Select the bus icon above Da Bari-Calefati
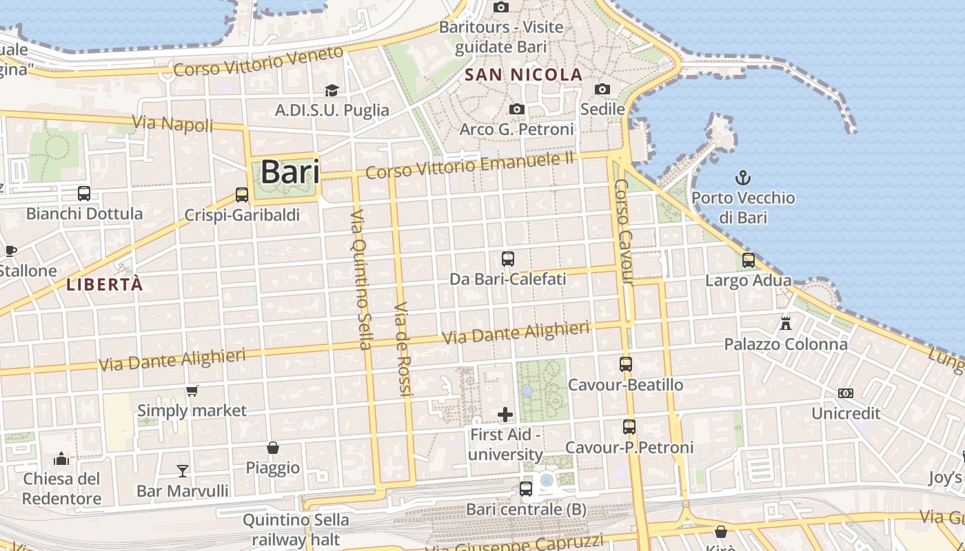[x=508, y=259]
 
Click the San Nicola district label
[x=524, y=74]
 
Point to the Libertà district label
[x=105, y=284]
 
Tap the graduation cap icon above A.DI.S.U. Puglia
[x=332, y=90]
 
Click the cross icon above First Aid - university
[x=505, y=414]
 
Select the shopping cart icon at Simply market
[x=192, y=391]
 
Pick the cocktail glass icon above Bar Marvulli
[x=183, y=471]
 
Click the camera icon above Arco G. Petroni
[x=516, y=110]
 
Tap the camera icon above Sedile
[x=602, y=89]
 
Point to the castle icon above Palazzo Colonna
[x=785, y=323]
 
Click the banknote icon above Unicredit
[x=846, y=393]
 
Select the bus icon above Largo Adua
[x=749, y=260]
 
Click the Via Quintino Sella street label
[x=361, y=279]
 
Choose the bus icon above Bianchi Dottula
[x=84, y=194]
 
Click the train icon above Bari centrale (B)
[x=526, y=489]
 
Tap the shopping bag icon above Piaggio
[x=273, y=448]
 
